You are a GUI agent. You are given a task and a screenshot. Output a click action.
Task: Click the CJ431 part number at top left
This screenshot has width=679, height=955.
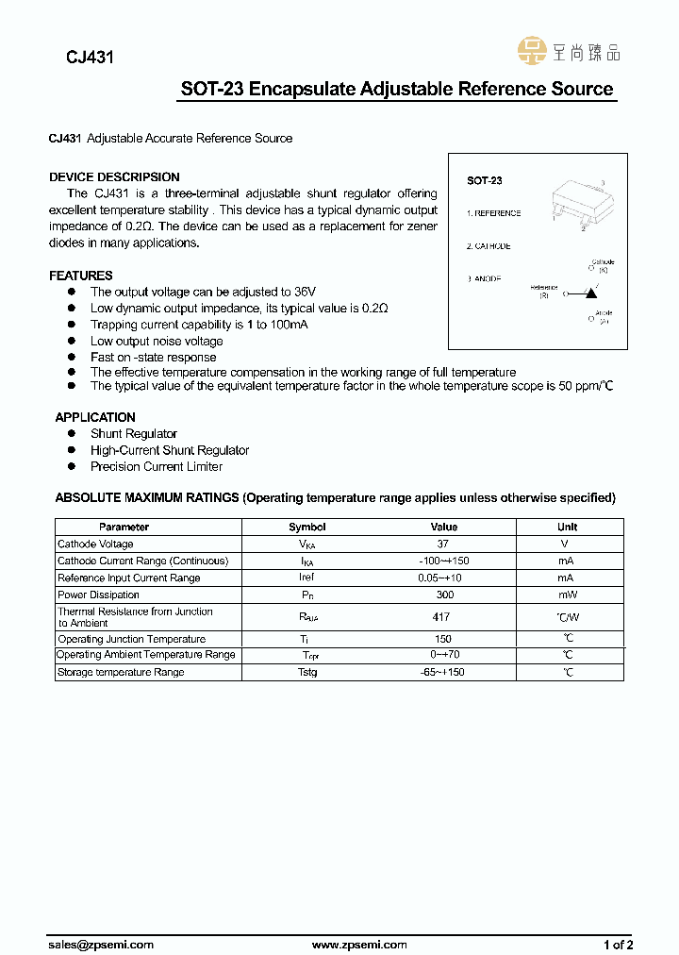coord(90,58)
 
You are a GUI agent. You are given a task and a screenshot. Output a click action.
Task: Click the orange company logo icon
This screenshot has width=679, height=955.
coord(534,52)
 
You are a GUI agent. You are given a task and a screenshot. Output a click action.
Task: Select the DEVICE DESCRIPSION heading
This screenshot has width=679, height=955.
coord(114,176)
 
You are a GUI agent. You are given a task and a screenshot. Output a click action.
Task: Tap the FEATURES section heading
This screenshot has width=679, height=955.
coord(81,276)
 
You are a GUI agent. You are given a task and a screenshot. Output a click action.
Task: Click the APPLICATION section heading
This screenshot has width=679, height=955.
coord(95,417)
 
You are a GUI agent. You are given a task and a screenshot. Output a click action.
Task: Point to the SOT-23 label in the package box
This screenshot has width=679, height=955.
coord(485,180)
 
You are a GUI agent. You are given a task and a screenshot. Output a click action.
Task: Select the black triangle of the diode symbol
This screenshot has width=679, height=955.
coord(590,293)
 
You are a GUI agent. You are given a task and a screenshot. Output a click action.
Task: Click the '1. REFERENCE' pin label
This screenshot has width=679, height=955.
coord(494,213)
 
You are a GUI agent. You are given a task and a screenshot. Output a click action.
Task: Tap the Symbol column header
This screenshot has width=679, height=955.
coord(307,527)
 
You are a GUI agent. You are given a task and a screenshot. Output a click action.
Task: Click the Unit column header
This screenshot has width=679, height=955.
coord(568,527)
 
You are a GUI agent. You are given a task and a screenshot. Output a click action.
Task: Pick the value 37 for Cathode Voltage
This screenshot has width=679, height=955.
coord(443,545)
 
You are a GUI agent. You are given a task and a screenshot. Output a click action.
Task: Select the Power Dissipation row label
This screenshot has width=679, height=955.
coord(99,595)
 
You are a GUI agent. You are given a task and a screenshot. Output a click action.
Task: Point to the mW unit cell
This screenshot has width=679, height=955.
coord(568,595)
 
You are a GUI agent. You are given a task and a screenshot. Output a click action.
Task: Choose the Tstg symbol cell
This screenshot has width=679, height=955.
coord(307,672)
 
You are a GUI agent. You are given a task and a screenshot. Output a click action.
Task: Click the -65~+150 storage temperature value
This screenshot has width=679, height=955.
coord(443,672)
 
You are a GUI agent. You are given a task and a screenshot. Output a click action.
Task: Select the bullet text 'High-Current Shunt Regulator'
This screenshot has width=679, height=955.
coord(170,450)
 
